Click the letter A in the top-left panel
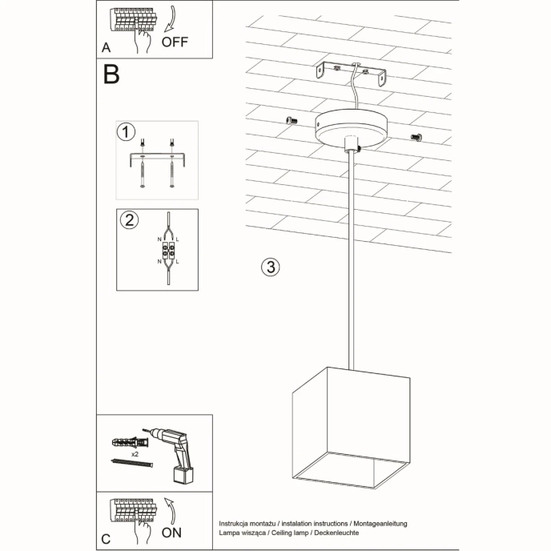[107, 47]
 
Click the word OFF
[176, 42]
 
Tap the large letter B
[111, 74]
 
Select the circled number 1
[125, 131]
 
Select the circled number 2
[126, 219]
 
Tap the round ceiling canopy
[350, 127]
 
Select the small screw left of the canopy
[291, 119]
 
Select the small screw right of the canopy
[416, 137]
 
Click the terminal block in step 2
[169, 252]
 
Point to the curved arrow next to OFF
[179, 21]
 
